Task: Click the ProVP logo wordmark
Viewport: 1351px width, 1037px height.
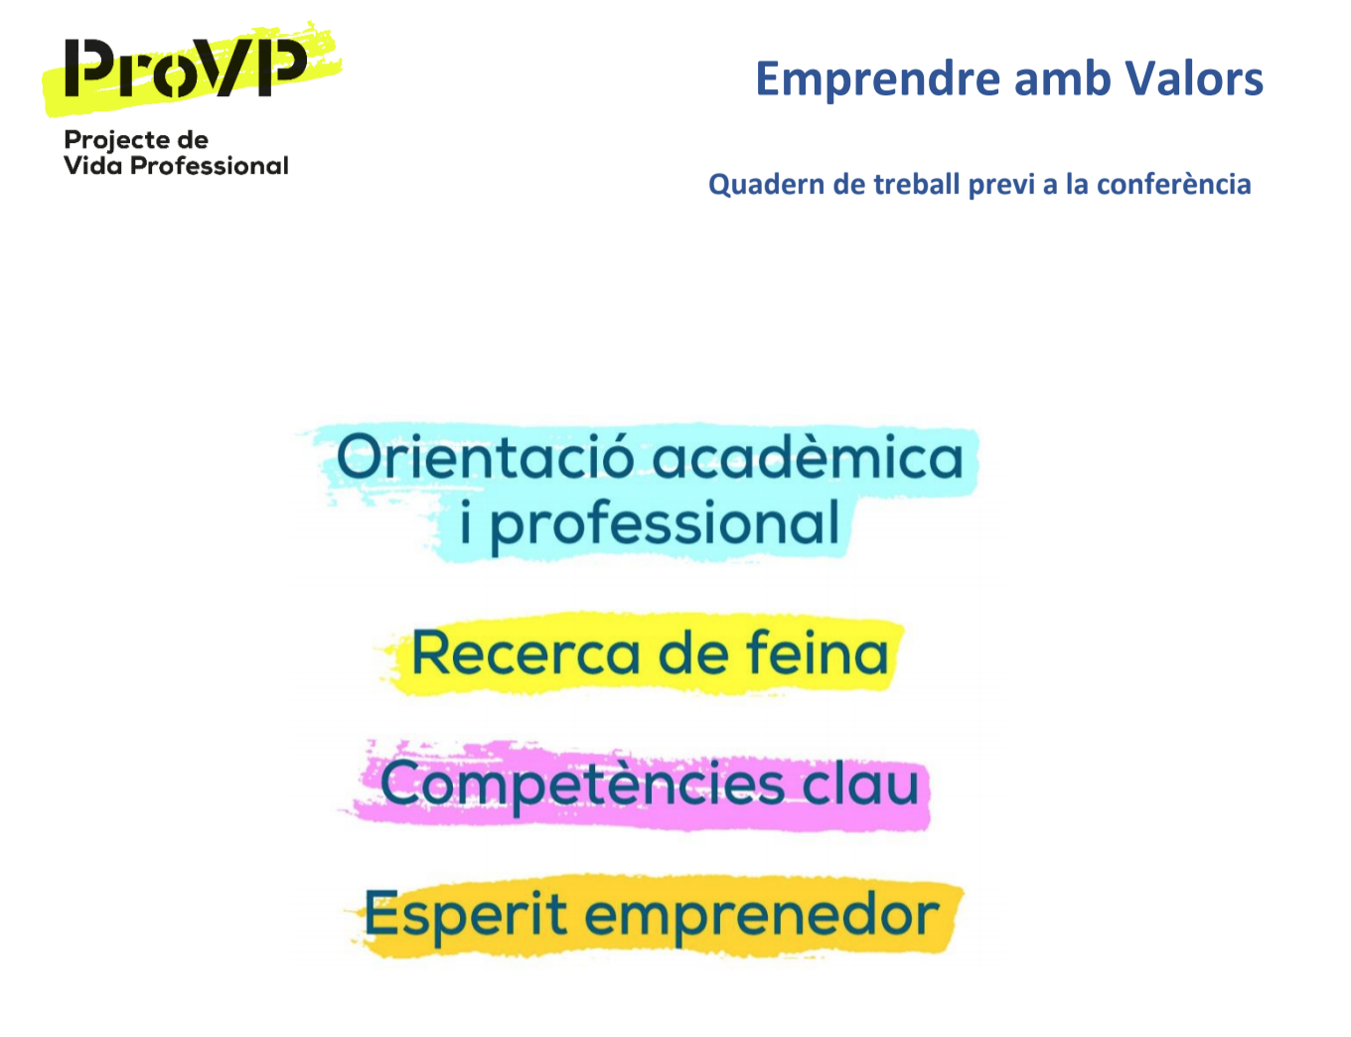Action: click(x=186, y=69)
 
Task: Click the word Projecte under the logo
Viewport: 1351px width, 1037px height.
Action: click(x=117, y=141)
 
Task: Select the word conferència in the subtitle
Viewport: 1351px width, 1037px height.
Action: click(x=1173, y=184)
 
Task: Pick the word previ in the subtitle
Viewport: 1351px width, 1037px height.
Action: click(x=1002, y=186)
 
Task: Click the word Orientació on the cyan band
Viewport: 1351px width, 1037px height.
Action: click(x=486, y=457)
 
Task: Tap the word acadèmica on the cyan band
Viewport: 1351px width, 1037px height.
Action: click(x=808, y=457)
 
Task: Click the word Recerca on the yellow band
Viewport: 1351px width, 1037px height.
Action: click(x=525, y=654)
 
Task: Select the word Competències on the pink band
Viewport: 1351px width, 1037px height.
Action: click(x=582, y=786)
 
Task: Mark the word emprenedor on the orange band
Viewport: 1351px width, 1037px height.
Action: click(x=762, y=917)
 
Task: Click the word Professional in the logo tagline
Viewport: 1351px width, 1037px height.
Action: click(x=210, y=165)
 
